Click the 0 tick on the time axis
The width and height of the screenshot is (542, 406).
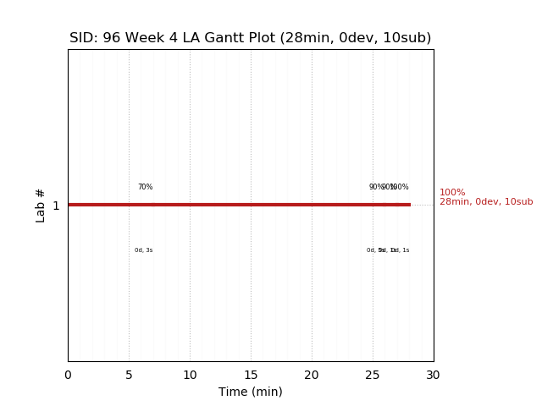tap(68, 375)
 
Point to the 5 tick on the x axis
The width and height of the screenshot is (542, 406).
tap(129, 375)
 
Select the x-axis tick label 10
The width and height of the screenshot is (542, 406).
tap(190, 375)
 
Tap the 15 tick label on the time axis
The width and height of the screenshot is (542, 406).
tap(251, 375)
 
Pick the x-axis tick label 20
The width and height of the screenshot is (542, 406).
tap(312, 375)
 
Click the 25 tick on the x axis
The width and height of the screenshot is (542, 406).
tap(373, 375)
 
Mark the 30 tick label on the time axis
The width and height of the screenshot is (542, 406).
tap(434, 375)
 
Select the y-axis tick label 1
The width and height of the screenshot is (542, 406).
tap(56, 206)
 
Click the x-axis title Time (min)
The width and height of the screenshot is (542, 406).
tap(251, 392)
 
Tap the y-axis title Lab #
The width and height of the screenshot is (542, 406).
tap(41, 206)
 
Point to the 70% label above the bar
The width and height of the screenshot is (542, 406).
tap(146, 187)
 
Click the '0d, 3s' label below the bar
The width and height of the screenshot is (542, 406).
tap(144, 250)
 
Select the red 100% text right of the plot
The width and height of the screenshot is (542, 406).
tap(452, 193)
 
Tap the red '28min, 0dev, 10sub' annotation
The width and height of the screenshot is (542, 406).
tap(486, 202)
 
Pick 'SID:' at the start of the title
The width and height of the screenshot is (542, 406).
tap(84, 38)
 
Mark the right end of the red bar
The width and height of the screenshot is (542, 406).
tap(410, 205)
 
